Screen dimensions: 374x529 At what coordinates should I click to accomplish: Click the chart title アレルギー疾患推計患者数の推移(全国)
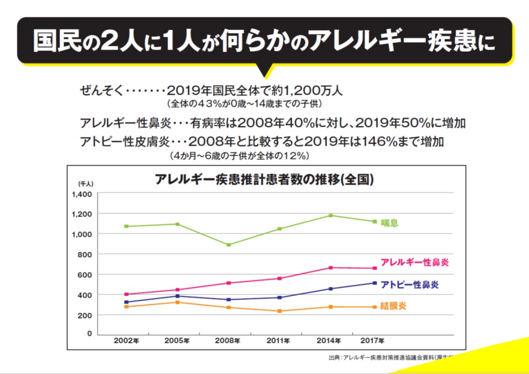pyautogui.click(x=264, y=179)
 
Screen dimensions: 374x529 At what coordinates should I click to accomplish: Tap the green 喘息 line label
pyautogui.click(x=389, y=223)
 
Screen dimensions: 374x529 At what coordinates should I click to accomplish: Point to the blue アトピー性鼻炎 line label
pyautogui.click(x=409, y=285)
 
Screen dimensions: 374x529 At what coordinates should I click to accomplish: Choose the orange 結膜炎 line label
pyautogui.click(x=393, y=306)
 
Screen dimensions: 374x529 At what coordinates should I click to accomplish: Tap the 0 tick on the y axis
pyautogui.click(x=90, y=333)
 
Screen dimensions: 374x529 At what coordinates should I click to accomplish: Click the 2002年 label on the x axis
pyautogui.click(x=126, y=341)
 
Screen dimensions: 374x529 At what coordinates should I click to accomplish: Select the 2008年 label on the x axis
pyautogui.click(x=228, y=341)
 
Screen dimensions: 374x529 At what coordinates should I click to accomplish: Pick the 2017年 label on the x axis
pyautogui.click(x=372, y=341)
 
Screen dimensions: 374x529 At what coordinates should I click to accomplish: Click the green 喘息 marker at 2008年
pyautogui.click(x=228, y=245)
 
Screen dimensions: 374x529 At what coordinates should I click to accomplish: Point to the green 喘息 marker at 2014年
pyautogui.click(x=331, y=215)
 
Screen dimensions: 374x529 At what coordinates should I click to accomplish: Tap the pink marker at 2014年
pyautogui.click(x=331, y=268)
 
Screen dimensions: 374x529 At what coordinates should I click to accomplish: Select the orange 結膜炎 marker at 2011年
pyautogui.click(x=279, y=311)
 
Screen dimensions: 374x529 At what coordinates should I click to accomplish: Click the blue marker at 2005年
pyautogui.click(x=177, y=296)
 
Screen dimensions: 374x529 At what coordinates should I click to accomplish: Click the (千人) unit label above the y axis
pyautogui.click(x=85, y=184)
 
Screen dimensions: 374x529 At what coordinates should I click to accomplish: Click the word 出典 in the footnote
pyautogui.click(x=334, y=358)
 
